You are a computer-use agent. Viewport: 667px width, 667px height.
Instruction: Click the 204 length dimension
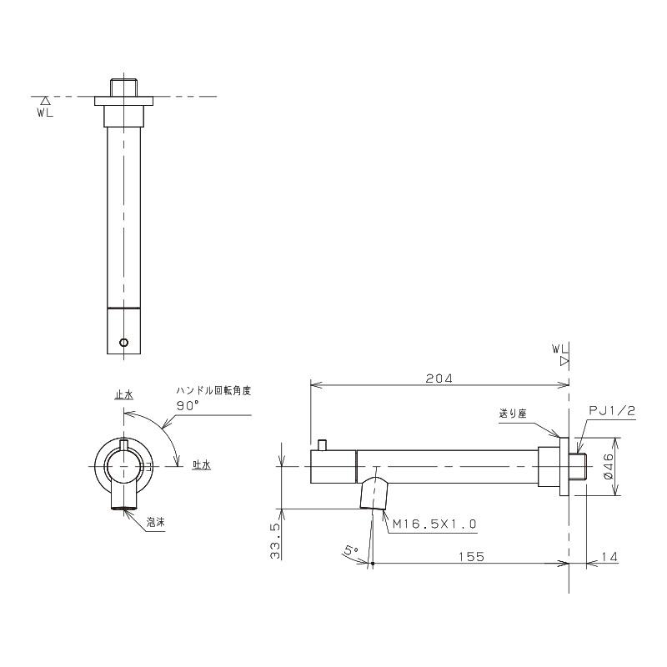pyautogui.click(x=439, y=379)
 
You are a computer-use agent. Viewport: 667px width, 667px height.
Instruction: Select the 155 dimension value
pyautogui.click(x=472, y=556)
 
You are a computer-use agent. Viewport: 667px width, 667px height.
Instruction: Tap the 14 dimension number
pyautogui.click(x=609, y=556)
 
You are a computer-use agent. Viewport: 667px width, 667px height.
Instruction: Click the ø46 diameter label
pyautogui.click(x=609, y=467)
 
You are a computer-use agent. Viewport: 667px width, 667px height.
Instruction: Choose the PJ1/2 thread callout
pyautogui.click(x=612, y=410)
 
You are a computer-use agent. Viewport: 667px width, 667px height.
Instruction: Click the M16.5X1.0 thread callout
pyautogui.click(x=434, y=524)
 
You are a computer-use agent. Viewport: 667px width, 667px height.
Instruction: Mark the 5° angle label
pyautogui.click(x=351, y=550)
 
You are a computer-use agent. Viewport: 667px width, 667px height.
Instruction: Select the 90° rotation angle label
pyautogui.click(x=188, y=406)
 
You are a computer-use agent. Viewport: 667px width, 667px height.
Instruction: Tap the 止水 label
pyautogui.click(x=123, y=394)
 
